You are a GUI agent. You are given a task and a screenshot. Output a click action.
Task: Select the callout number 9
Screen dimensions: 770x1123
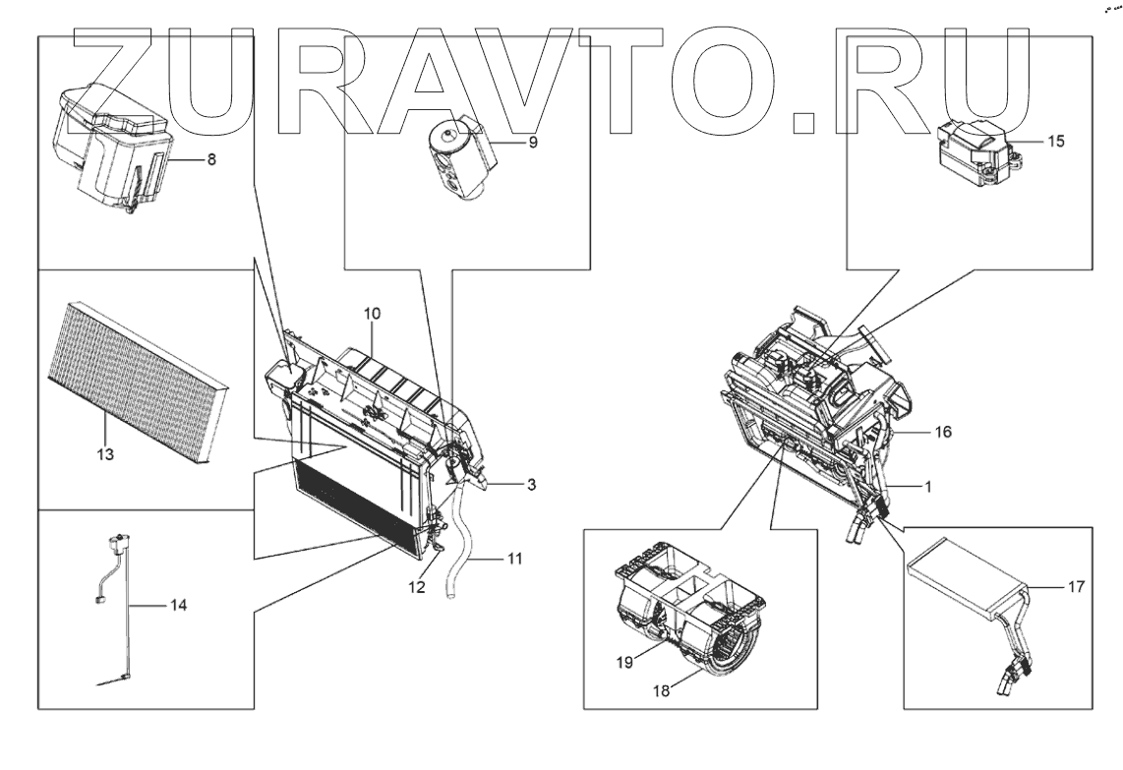tap(532, 142)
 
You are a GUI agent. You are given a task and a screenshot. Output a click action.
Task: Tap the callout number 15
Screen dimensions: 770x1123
tap(1055, 141)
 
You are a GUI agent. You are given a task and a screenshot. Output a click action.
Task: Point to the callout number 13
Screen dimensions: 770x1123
tap(106, 454)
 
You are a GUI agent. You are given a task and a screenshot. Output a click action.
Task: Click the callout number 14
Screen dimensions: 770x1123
tap(177, 605)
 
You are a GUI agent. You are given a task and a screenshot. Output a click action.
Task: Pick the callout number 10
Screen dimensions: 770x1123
tap(372, 313)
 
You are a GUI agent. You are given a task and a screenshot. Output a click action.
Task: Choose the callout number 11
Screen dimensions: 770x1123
tap(514, 559)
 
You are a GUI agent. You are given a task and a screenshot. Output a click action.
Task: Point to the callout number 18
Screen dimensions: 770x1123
tap(662, 690)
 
